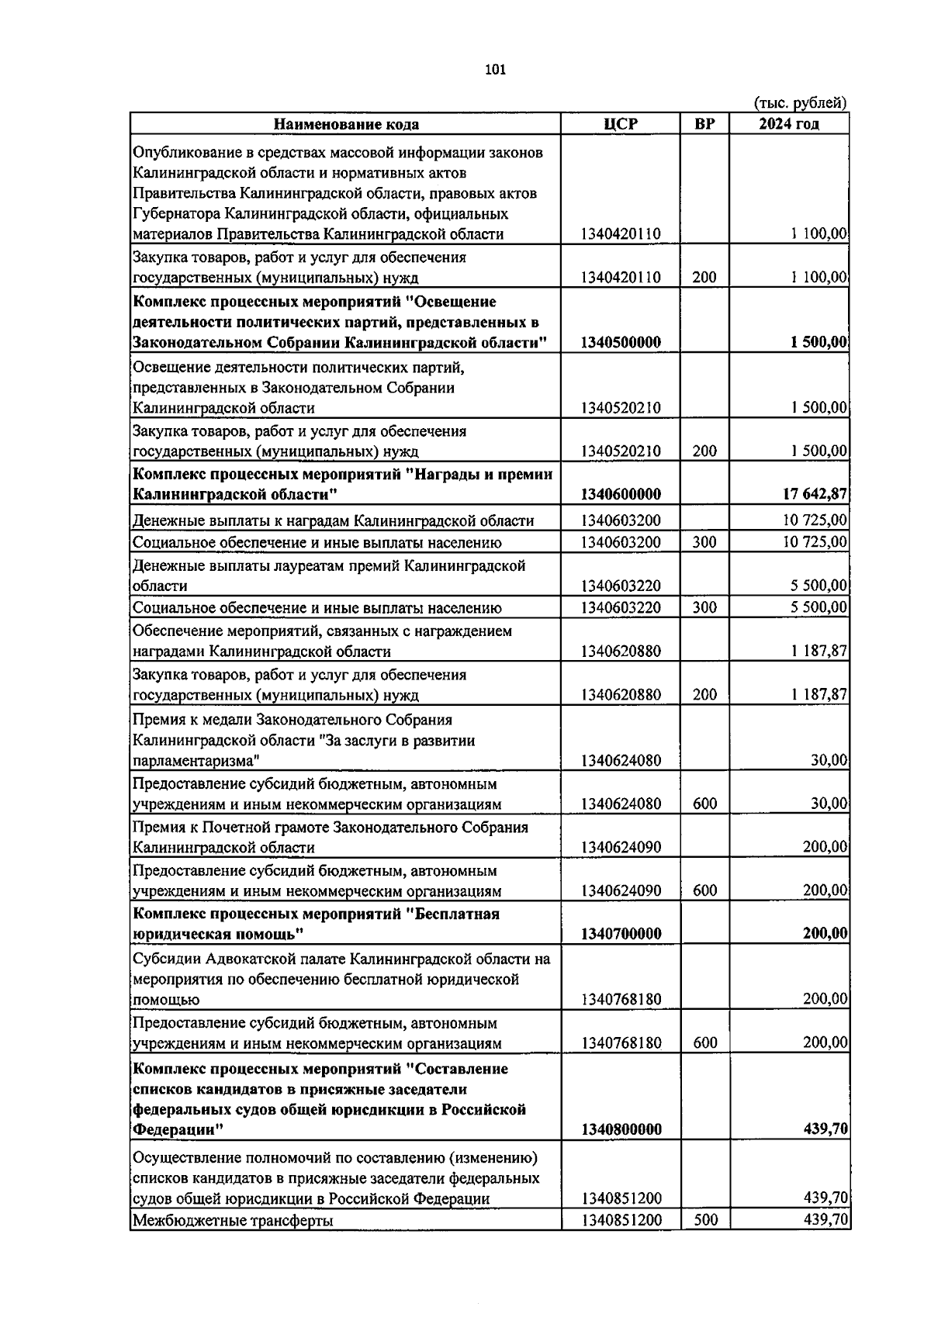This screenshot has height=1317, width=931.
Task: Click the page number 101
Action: tap(494, 70)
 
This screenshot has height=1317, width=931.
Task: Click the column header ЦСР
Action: tap(620, 124)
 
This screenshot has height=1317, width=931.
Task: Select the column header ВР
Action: tap(704, 124)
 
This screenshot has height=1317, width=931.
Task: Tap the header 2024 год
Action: tap(788, 124)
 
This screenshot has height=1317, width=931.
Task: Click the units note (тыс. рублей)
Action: tap(800, 102)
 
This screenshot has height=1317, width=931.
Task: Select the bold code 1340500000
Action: tap(620, 343)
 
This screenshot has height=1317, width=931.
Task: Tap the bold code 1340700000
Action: tap(620, 934)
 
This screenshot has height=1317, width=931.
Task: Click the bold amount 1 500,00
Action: tap(819, 343)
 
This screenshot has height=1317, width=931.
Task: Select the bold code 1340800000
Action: tap(620, 1129)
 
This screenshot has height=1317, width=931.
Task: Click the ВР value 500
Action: tap(704, 1220)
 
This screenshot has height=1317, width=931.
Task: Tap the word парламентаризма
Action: tap(196, 761)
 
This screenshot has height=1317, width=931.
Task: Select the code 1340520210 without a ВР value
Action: tap(620, 408)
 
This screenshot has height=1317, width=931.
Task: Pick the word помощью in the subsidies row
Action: tap(165, 1000)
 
